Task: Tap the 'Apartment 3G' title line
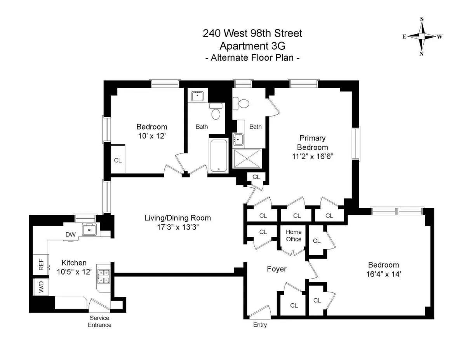[252, 46]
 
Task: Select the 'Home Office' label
[294, 236]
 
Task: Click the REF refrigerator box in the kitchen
[40, 265]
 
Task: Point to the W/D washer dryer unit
[40, 287]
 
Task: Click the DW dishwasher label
[70, 234]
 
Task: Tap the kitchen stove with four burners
[104, 276]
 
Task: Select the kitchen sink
[90, 230]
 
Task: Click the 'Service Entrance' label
[99, 322]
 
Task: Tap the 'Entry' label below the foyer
[260, 325]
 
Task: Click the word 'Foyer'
[276, 269]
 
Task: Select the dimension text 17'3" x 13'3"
[178, 228]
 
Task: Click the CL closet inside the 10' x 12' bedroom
[118, 160]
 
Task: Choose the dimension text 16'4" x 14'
[383, 274]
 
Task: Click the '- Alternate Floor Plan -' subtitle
[252, 58]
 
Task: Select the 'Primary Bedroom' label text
[312, 143]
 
